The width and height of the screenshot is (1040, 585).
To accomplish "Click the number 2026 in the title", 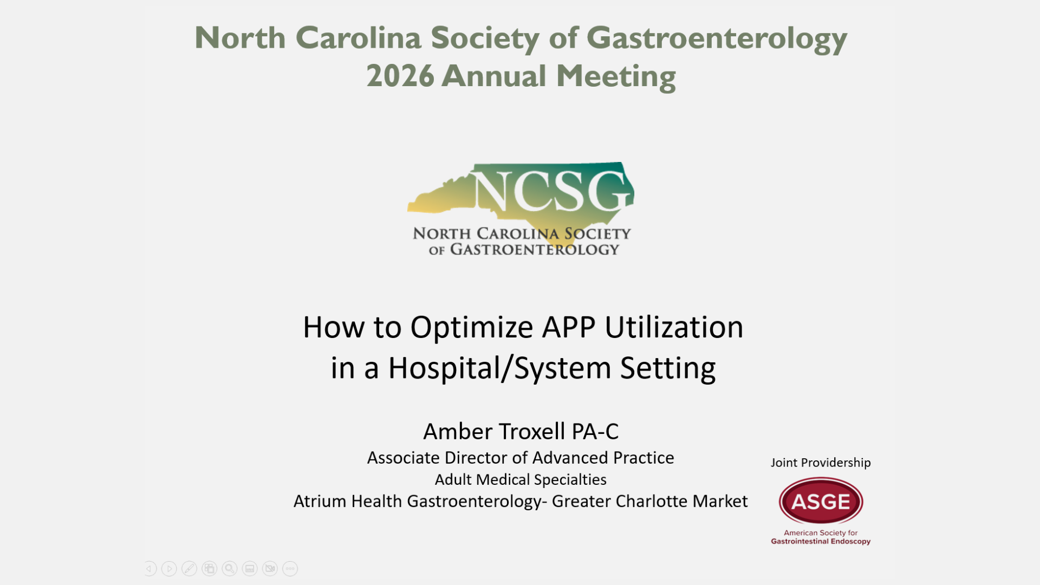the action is point(400,76).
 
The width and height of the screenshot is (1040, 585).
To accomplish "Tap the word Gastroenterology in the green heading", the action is point(717,39).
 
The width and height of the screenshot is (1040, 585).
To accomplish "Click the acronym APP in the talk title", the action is point(569,327).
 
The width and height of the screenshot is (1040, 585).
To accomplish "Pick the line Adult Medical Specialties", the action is point(521,480).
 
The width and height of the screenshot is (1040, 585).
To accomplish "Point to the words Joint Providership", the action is point(821,463).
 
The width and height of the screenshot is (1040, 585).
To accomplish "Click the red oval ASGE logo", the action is point(821,501).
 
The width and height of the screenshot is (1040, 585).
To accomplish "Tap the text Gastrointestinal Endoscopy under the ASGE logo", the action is point(821,541).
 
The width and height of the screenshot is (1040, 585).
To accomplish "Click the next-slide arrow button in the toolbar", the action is point(169,569).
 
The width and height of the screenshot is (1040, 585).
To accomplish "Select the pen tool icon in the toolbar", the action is point(189,569).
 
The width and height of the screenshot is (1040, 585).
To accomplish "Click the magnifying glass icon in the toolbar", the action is point(230,569).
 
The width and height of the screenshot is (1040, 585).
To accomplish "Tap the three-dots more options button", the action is point(290,569).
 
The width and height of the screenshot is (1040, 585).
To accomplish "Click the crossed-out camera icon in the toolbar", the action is point(270,569).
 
